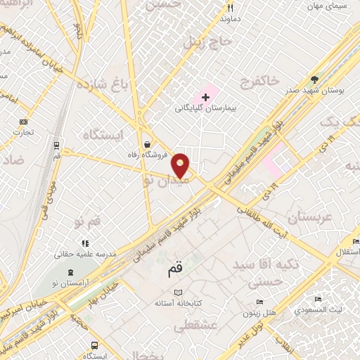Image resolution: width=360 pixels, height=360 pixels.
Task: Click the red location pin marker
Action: pos(181,165)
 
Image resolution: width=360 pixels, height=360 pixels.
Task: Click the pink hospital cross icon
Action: pos(205,96)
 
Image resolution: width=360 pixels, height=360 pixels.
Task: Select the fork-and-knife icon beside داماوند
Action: pos(229,8)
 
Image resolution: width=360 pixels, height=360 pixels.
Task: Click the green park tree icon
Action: pos(314,79)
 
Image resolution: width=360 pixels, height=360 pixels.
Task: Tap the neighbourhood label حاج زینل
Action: pos(207,41)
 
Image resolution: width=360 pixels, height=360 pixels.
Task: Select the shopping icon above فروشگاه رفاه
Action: pos(146,138)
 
